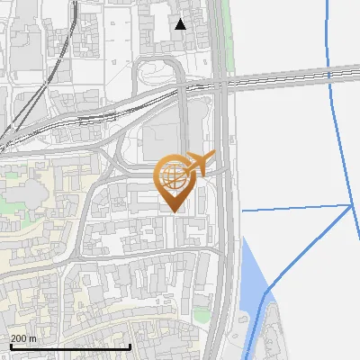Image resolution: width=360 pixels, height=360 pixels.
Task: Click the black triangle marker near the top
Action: (x=181, y=24)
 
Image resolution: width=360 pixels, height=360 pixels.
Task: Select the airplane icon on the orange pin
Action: (x=202, y=163)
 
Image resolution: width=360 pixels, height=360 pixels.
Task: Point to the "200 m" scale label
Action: (x=24, y=338)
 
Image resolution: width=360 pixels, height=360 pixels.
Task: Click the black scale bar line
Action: (x=70, y=346)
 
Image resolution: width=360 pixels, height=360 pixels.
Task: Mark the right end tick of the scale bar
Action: (x=130, y=346)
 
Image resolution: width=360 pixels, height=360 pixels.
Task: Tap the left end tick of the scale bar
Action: (x=11, y=346)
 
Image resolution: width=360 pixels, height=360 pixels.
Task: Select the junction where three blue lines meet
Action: (x=350, y=205)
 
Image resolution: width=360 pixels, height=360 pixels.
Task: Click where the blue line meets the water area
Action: (x=267, y=292)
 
